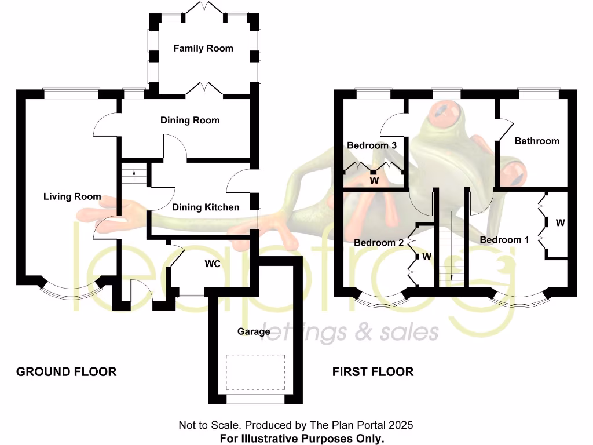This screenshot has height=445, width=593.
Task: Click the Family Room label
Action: (x=203, y=49)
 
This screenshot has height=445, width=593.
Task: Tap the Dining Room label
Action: (x=190, y=121)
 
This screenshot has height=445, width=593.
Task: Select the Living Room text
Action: (x=72, y=197)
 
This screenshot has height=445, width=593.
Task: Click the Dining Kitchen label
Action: (x=206, y=207)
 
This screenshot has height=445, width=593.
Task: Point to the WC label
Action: (x=212, y=264)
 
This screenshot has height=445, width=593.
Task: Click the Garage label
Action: (x=254, y=331)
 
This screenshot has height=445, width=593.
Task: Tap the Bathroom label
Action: (x=537, y=141)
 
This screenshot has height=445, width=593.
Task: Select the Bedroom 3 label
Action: (x=372, y=145)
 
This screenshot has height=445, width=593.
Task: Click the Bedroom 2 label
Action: (x=379, y=242)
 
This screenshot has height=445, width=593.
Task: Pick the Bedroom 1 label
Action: (x=504, y=240)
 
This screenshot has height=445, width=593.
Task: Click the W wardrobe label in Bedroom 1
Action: (x=560, y=222)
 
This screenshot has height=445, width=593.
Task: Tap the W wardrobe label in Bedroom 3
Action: (x=374, y=181)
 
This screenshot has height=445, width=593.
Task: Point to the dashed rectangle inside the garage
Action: (x=255, y=373)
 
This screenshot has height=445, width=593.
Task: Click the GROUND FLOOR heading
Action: (x=66, y=372)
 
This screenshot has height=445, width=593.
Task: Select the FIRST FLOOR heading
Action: (x=373, y=372)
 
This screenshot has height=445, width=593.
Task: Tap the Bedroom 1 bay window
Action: (x=518, y=300)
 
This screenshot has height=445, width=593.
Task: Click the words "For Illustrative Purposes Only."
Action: (x=302, y=438)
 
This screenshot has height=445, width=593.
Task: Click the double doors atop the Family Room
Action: (x=203, y=9)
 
